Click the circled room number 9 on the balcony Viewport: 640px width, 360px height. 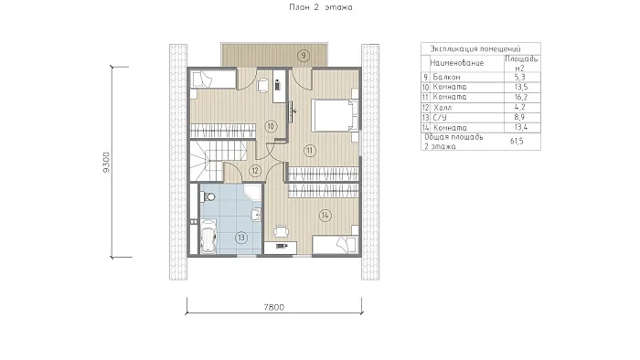(304, 56)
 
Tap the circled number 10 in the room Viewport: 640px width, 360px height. (271, 126)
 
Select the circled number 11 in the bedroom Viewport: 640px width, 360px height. (310, 151)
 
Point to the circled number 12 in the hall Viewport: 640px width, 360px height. (255, 171)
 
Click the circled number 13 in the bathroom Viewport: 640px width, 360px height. (241, 238)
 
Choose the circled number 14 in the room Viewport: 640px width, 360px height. (325, 215)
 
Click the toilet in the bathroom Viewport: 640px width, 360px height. (208, 197)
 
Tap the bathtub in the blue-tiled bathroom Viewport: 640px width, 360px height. (208, 237)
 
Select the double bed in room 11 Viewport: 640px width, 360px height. (336, 115)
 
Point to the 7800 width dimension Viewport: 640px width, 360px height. (274, 307)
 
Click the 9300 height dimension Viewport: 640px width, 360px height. (107, 163)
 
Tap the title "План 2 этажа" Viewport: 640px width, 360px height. (321, 7)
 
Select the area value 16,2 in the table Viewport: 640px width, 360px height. (521, 97)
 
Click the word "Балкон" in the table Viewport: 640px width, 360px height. (446, 77)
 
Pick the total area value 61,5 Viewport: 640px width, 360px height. (517, 141)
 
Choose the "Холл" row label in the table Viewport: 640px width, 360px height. (443, 108)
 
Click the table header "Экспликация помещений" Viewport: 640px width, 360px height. (475, 49)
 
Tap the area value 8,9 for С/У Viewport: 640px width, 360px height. (519, 118)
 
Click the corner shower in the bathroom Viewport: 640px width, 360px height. (253, 192)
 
